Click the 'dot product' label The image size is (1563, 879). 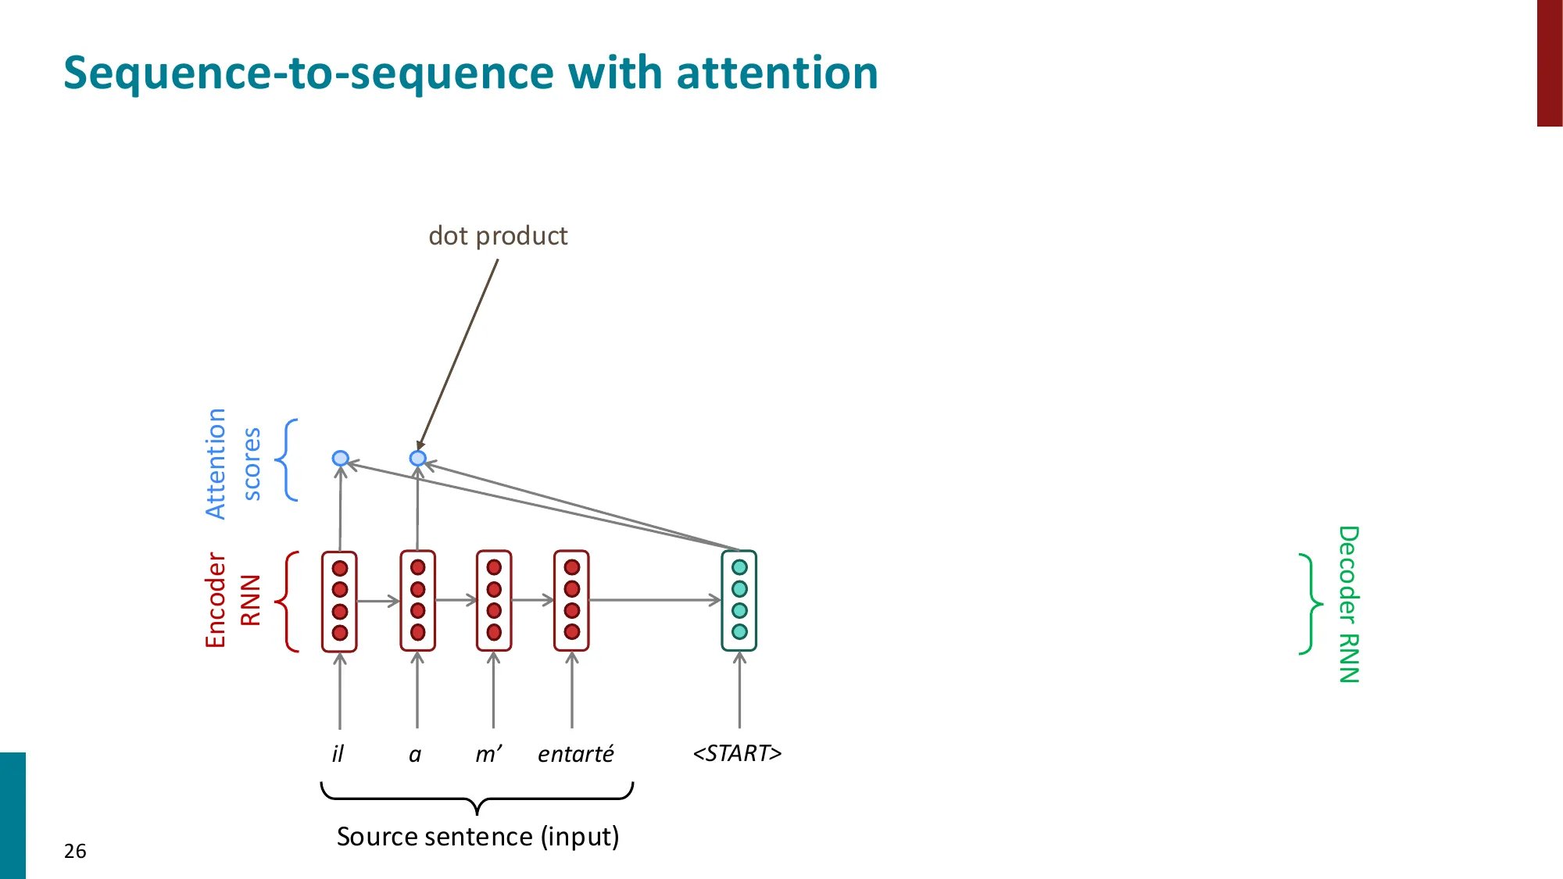click(498, 236)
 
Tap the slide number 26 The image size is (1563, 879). click(75, 851)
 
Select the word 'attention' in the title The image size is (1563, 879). click(777, 73)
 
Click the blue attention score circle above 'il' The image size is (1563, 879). click(340, 458)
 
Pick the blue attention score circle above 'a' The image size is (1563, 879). click(418, 458)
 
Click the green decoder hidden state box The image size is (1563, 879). click(739, 600)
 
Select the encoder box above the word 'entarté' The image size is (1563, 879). click(571, 600)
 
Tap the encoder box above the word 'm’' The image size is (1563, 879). click(494, 600)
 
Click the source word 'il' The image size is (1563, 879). click(338, 754)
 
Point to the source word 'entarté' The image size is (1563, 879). click(576, 754)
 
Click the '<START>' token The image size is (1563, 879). click(737, 753)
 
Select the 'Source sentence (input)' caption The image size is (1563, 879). click(477, 837)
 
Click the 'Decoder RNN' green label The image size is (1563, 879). click(1349, 604)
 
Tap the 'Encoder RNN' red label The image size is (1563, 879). click(232, 600)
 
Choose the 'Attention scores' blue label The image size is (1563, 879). click(232, 463)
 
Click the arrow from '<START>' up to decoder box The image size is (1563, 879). click(739, 691)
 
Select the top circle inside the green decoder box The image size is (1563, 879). click(739, 567)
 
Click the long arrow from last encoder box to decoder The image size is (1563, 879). click(655, 600)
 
